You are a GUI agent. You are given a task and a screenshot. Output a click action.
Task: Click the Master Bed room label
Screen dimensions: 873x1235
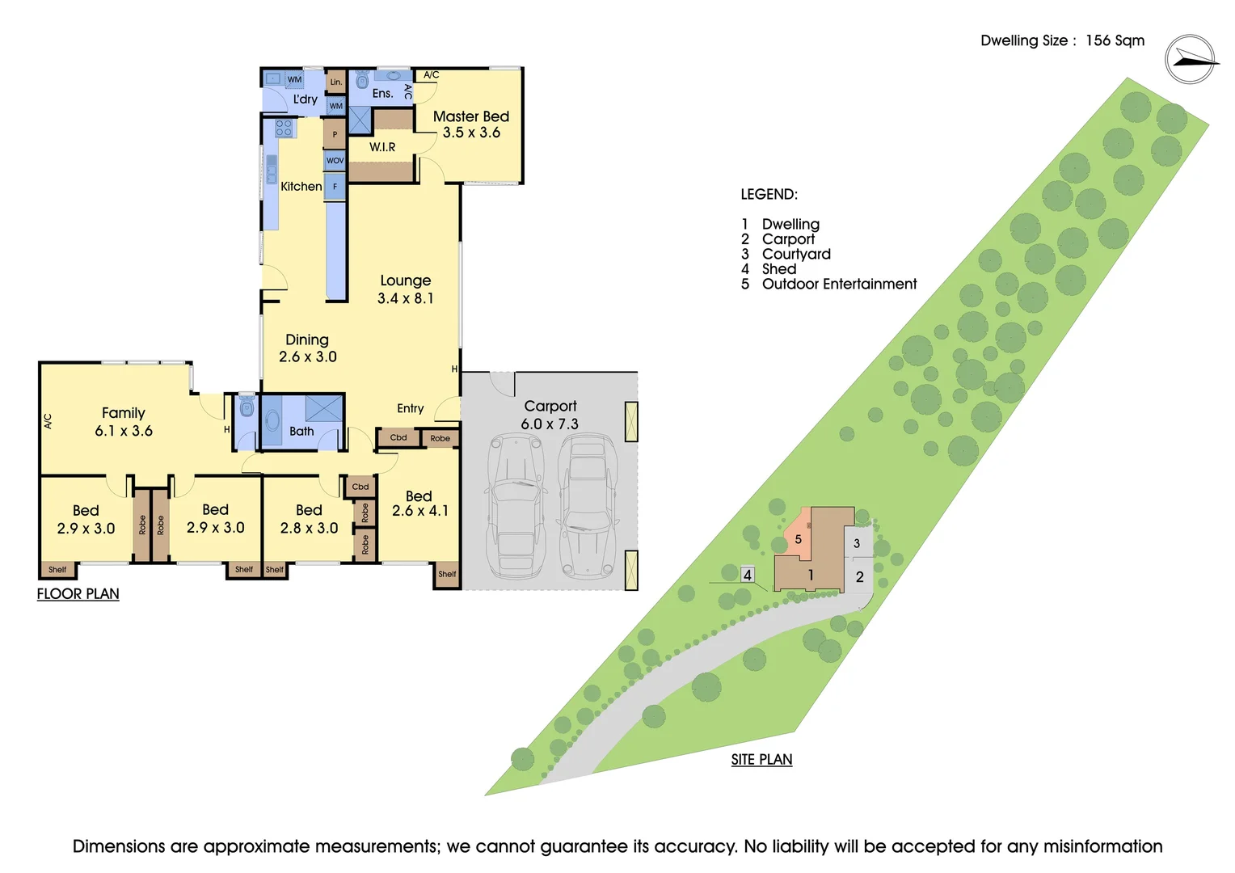coord(470,116)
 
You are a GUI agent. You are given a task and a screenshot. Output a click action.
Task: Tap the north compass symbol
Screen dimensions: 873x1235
coord(1191,60)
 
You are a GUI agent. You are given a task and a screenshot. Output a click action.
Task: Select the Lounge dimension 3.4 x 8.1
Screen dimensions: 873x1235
coord(405,298)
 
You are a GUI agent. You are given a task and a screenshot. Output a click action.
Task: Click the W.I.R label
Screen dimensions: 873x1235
coord(382,147)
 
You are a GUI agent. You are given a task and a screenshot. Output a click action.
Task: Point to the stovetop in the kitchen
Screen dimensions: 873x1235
coord(284,128)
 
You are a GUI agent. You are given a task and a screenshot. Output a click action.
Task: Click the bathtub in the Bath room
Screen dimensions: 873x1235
coord(272,421)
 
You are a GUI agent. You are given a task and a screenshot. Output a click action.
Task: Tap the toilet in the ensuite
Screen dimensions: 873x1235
coord(362,79)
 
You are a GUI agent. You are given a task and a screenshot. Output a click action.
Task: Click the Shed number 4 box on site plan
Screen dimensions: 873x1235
coord(748,575)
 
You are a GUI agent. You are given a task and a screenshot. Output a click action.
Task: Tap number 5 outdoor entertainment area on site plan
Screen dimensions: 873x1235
coord(798,539)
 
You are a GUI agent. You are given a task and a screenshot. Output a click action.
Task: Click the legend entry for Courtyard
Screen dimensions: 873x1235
coord(795,254)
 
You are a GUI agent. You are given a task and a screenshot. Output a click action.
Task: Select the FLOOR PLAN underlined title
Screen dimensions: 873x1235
coord(78,594)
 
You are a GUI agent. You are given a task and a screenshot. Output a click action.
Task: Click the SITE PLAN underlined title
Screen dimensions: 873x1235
coord(761,760)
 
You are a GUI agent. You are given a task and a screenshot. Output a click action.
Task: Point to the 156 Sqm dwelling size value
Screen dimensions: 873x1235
coord(1115,40)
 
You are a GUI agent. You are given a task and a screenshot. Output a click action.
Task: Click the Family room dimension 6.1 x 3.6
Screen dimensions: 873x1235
coord(124,431)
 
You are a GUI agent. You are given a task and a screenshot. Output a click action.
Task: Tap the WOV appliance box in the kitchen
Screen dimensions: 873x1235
coord(335,160)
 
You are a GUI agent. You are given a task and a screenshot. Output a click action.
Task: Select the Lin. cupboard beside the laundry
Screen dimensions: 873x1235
coord(336,82)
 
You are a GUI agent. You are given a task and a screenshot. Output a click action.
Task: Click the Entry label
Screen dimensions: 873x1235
coord(410,408)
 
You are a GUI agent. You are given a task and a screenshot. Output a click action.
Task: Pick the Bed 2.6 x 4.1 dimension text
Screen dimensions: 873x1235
coord(419,511)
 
